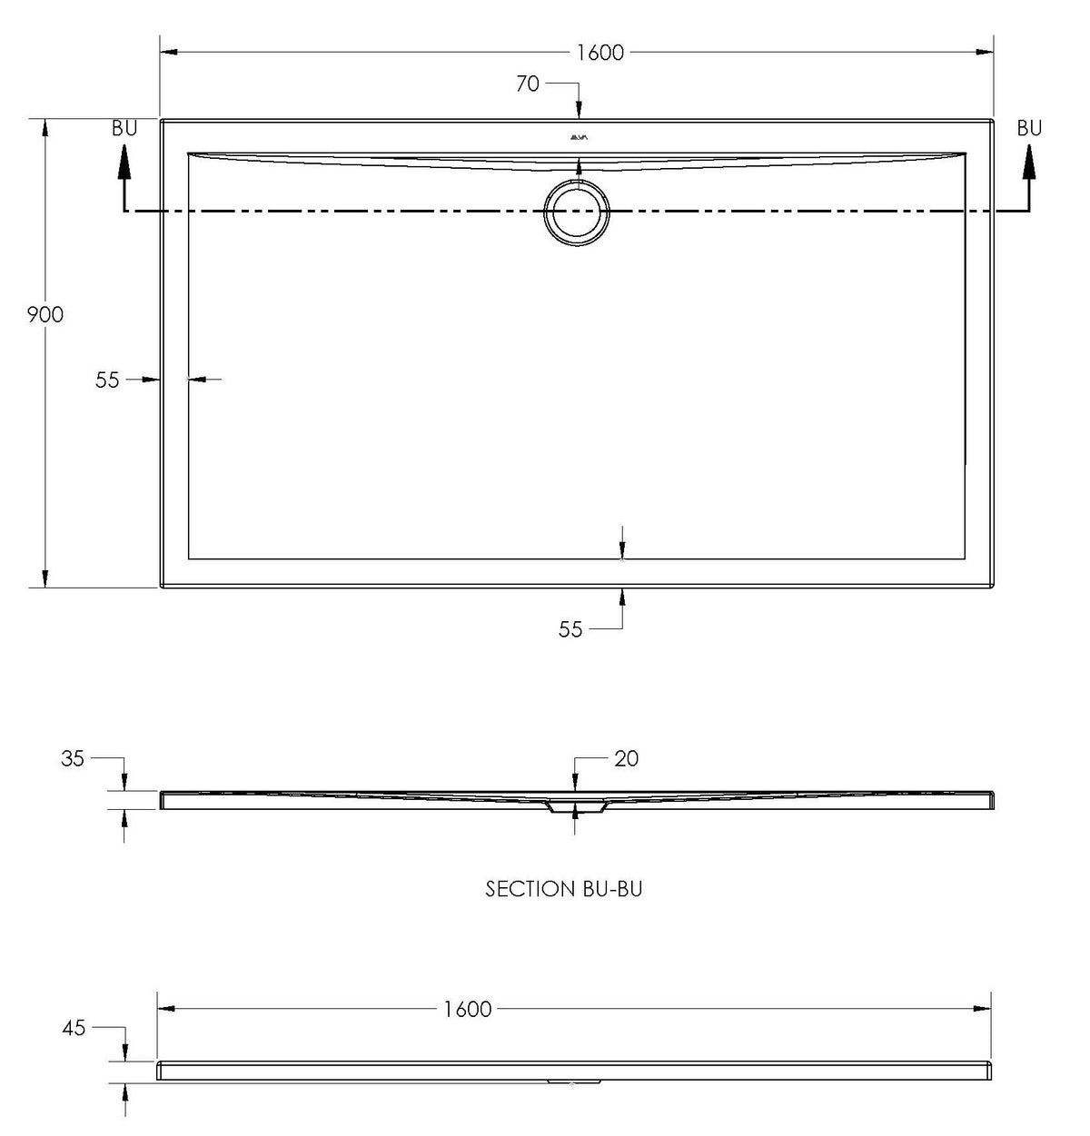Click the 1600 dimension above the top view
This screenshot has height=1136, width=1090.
[600, 53]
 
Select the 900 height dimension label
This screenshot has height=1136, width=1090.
[45, 315]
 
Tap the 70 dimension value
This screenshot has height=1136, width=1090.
[527, 84]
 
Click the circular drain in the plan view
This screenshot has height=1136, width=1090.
[577, 213]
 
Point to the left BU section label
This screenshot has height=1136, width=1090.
[124, 128]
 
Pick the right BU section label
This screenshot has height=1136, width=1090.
[1029, 128]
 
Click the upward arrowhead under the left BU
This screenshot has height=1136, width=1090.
[124, 161]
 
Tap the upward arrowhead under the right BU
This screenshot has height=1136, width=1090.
[1029, 161]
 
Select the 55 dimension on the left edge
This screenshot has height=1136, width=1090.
[107, 380]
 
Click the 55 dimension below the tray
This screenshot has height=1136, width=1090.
[570, 629]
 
